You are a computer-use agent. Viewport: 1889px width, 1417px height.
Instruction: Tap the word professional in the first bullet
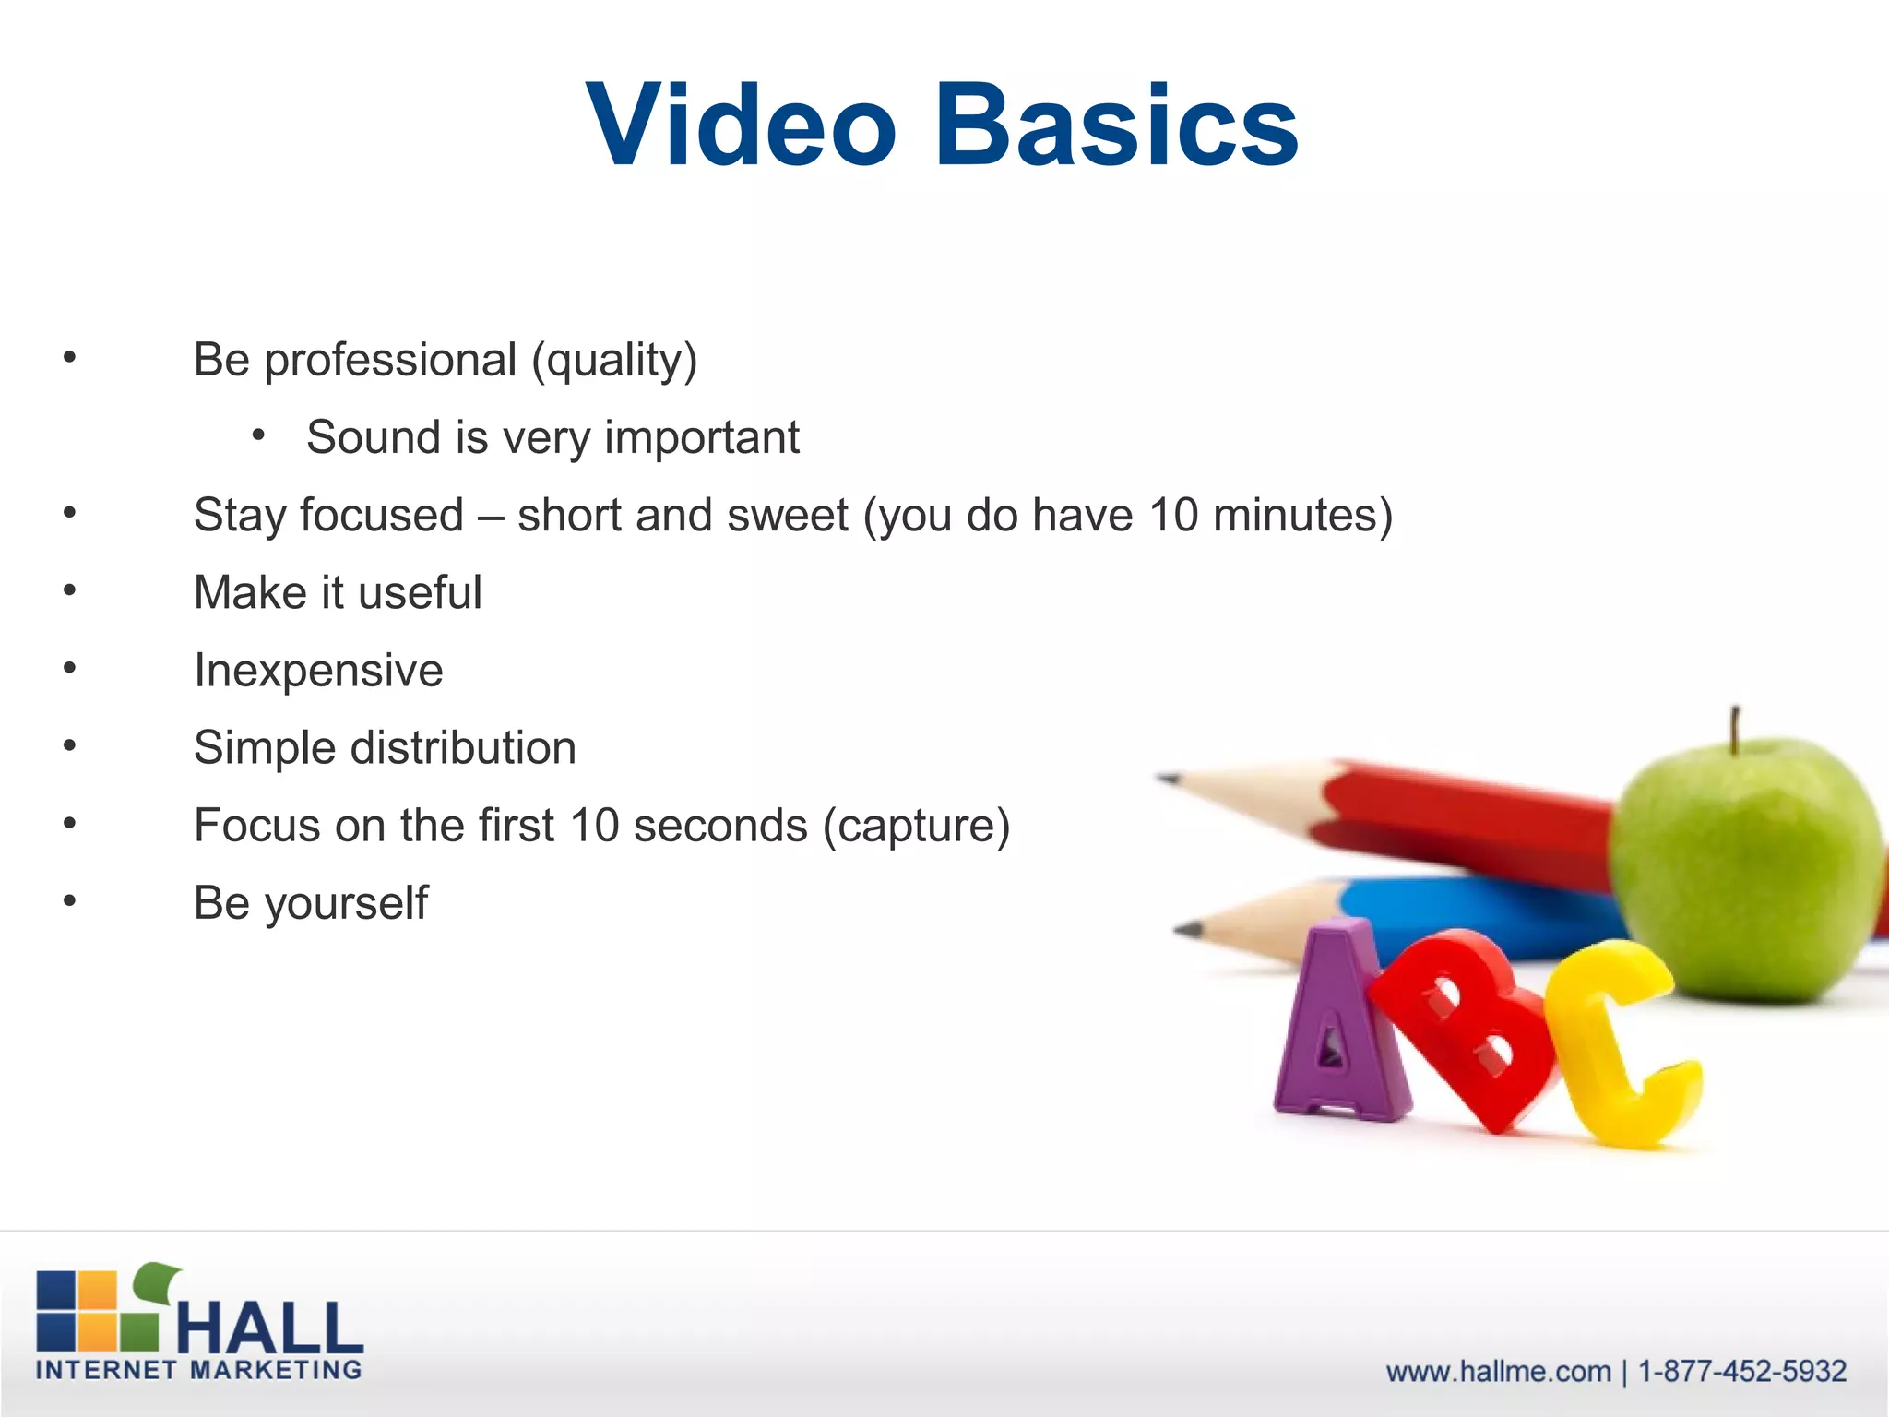[x=390, y=361]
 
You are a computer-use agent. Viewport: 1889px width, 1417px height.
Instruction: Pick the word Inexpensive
[x=318, y=671]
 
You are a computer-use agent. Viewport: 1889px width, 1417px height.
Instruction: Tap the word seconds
[x=720, y=826]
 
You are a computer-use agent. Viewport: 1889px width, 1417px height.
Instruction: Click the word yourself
[x=347, y=904]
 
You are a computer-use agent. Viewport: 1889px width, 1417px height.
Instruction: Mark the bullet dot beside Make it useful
[x=70, y=589]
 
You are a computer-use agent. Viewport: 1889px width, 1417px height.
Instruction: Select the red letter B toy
[x=1467, y=1024]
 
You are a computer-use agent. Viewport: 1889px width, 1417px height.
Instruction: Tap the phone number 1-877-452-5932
[x=1741, y=1371]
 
